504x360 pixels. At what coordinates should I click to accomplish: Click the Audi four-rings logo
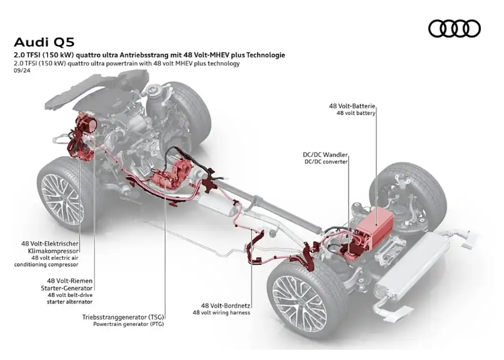tap(455, 28)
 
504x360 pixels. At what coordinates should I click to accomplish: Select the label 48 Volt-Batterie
tap(352, 105)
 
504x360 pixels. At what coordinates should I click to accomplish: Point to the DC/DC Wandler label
tap(325, 154)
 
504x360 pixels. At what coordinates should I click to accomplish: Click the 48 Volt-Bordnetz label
tap(226, 305)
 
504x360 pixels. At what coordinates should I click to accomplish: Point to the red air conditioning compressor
tap(83, 132)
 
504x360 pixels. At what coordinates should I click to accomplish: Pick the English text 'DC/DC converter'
tap(325, 162)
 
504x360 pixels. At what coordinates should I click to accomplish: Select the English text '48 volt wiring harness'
tap(221, 312)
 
